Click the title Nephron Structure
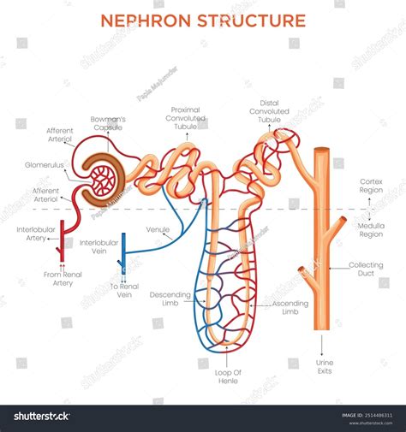[203, 20]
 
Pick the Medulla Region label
[371, 228]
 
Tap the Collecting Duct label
[366, 270]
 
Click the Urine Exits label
[325, 368]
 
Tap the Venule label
[158, 229]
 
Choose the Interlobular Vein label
[99, 248]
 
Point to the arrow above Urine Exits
[322, 343]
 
